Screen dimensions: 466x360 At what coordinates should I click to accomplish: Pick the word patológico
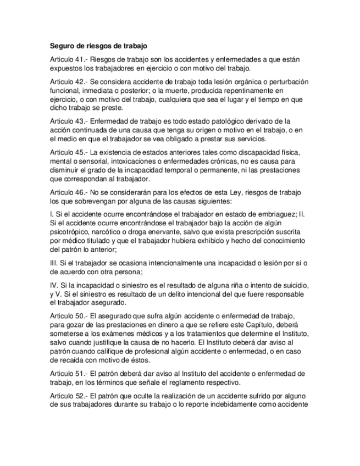click(213, 121)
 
